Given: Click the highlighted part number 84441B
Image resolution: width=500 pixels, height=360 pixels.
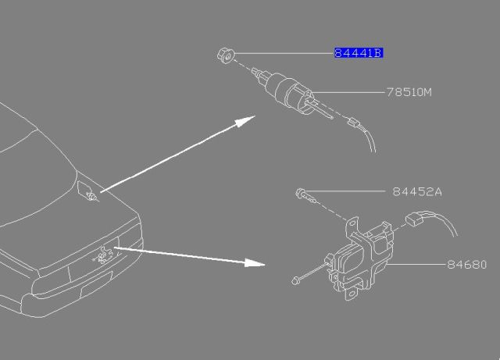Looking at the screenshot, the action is [x=359, y=53].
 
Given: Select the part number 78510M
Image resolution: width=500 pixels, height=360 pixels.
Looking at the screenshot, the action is [x=409, y=92].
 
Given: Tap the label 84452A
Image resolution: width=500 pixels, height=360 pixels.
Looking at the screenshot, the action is [x=417, y=191].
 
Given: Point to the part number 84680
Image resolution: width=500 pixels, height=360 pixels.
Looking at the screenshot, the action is [x=467, y=265].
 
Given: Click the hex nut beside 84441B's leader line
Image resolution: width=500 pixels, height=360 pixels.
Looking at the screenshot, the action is [x=226, y=55].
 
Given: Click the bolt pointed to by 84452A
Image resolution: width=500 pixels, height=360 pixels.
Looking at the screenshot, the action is [x=305, y=195].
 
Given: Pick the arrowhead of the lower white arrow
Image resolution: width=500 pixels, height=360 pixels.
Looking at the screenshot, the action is [x=255, y=263].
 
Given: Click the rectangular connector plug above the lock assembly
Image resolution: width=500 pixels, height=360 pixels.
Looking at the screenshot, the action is [x=414, y=219].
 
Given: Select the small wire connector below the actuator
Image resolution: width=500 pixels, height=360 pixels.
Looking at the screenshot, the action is [x=353, y=123].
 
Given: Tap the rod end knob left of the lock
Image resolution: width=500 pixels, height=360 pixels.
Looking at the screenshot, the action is [x=295, y=281].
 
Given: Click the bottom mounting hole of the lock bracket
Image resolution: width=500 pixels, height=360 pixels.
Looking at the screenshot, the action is [x=351, y=293].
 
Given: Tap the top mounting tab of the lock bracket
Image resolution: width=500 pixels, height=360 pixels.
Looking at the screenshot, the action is [x=352, y=224].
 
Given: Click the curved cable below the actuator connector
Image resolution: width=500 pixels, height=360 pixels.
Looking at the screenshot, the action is [x=370, y=140].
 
